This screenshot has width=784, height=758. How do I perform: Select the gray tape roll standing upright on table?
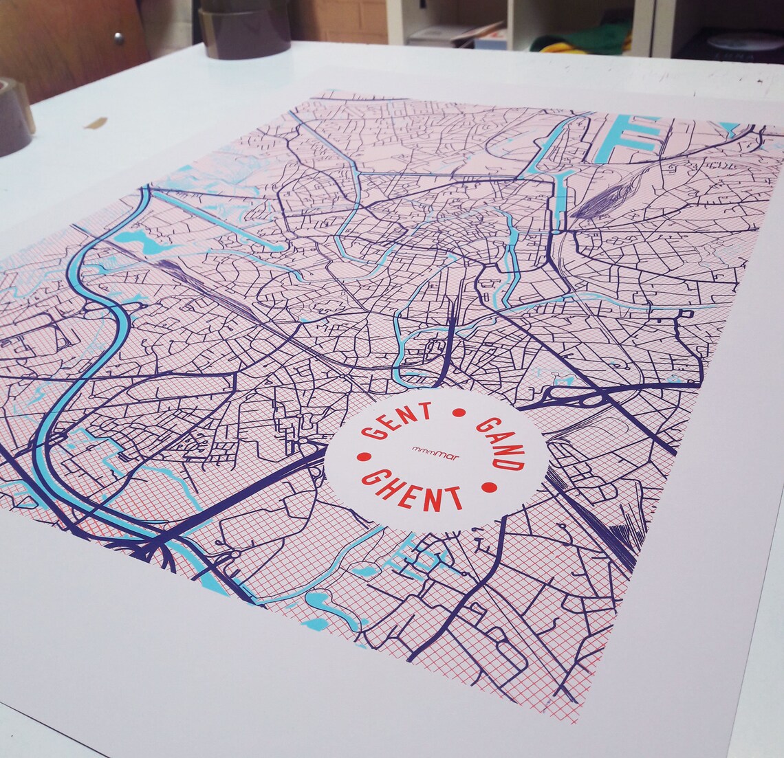(x=244, y=29)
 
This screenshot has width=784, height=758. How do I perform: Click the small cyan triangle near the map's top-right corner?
(x=729, y=128)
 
